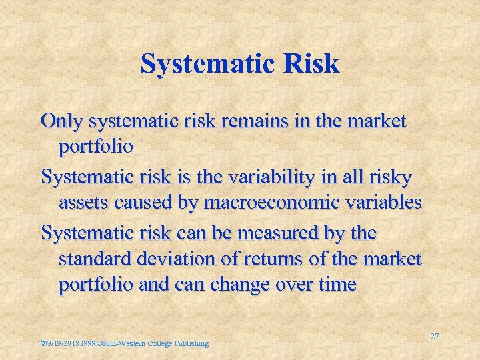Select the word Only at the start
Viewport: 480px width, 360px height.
[60, 121]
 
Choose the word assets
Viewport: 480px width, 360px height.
[79, 202]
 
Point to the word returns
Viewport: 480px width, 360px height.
[266, 258]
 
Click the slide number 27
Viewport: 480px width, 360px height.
[434, 337]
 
